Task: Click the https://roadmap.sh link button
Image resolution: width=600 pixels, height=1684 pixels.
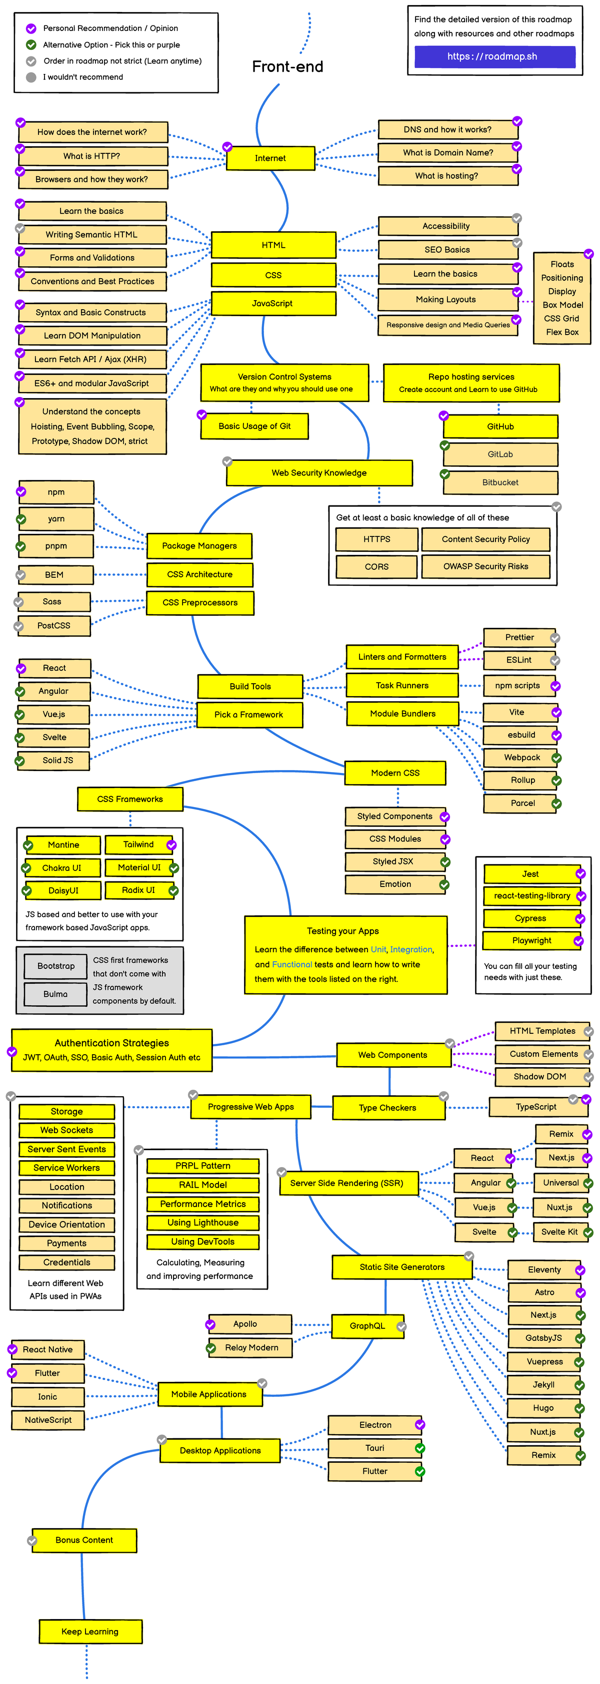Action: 494,57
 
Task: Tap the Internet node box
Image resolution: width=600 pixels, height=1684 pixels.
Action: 270,158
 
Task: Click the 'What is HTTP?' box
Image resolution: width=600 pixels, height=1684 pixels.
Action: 92,156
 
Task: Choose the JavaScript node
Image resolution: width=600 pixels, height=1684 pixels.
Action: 273,303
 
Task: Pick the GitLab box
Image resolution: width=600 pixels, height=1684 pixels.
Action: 500,454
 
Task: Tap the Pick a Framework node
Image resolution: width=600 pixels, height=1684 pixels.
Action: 249,715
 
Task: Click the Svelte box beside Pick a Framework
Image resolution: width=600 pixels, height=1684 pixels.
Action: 54,738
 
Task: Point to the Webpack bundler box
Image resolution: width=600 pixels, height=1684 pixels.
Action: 521,758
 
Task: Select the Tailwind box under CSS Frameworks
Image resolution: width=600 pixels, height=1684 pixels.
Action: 138,844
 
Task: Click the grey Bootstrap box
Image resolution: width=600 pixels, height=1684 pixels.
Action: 55,966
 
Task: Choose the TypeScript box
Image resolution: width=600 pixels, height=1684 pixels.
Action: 536,1107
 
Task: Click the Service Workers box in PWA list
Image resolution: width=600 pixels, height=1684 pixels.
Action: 66,1168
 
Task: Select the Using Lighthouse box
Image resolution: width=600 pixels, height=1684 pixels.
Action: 203,1223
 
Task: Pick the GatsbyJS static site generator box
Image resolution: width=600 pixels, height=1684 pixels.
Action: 543,1338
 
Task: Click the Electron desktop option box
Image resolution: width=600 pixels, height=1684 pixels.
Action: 375,1425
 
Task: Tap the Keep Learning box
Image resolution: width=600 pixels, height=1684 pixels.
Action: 90,1632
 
